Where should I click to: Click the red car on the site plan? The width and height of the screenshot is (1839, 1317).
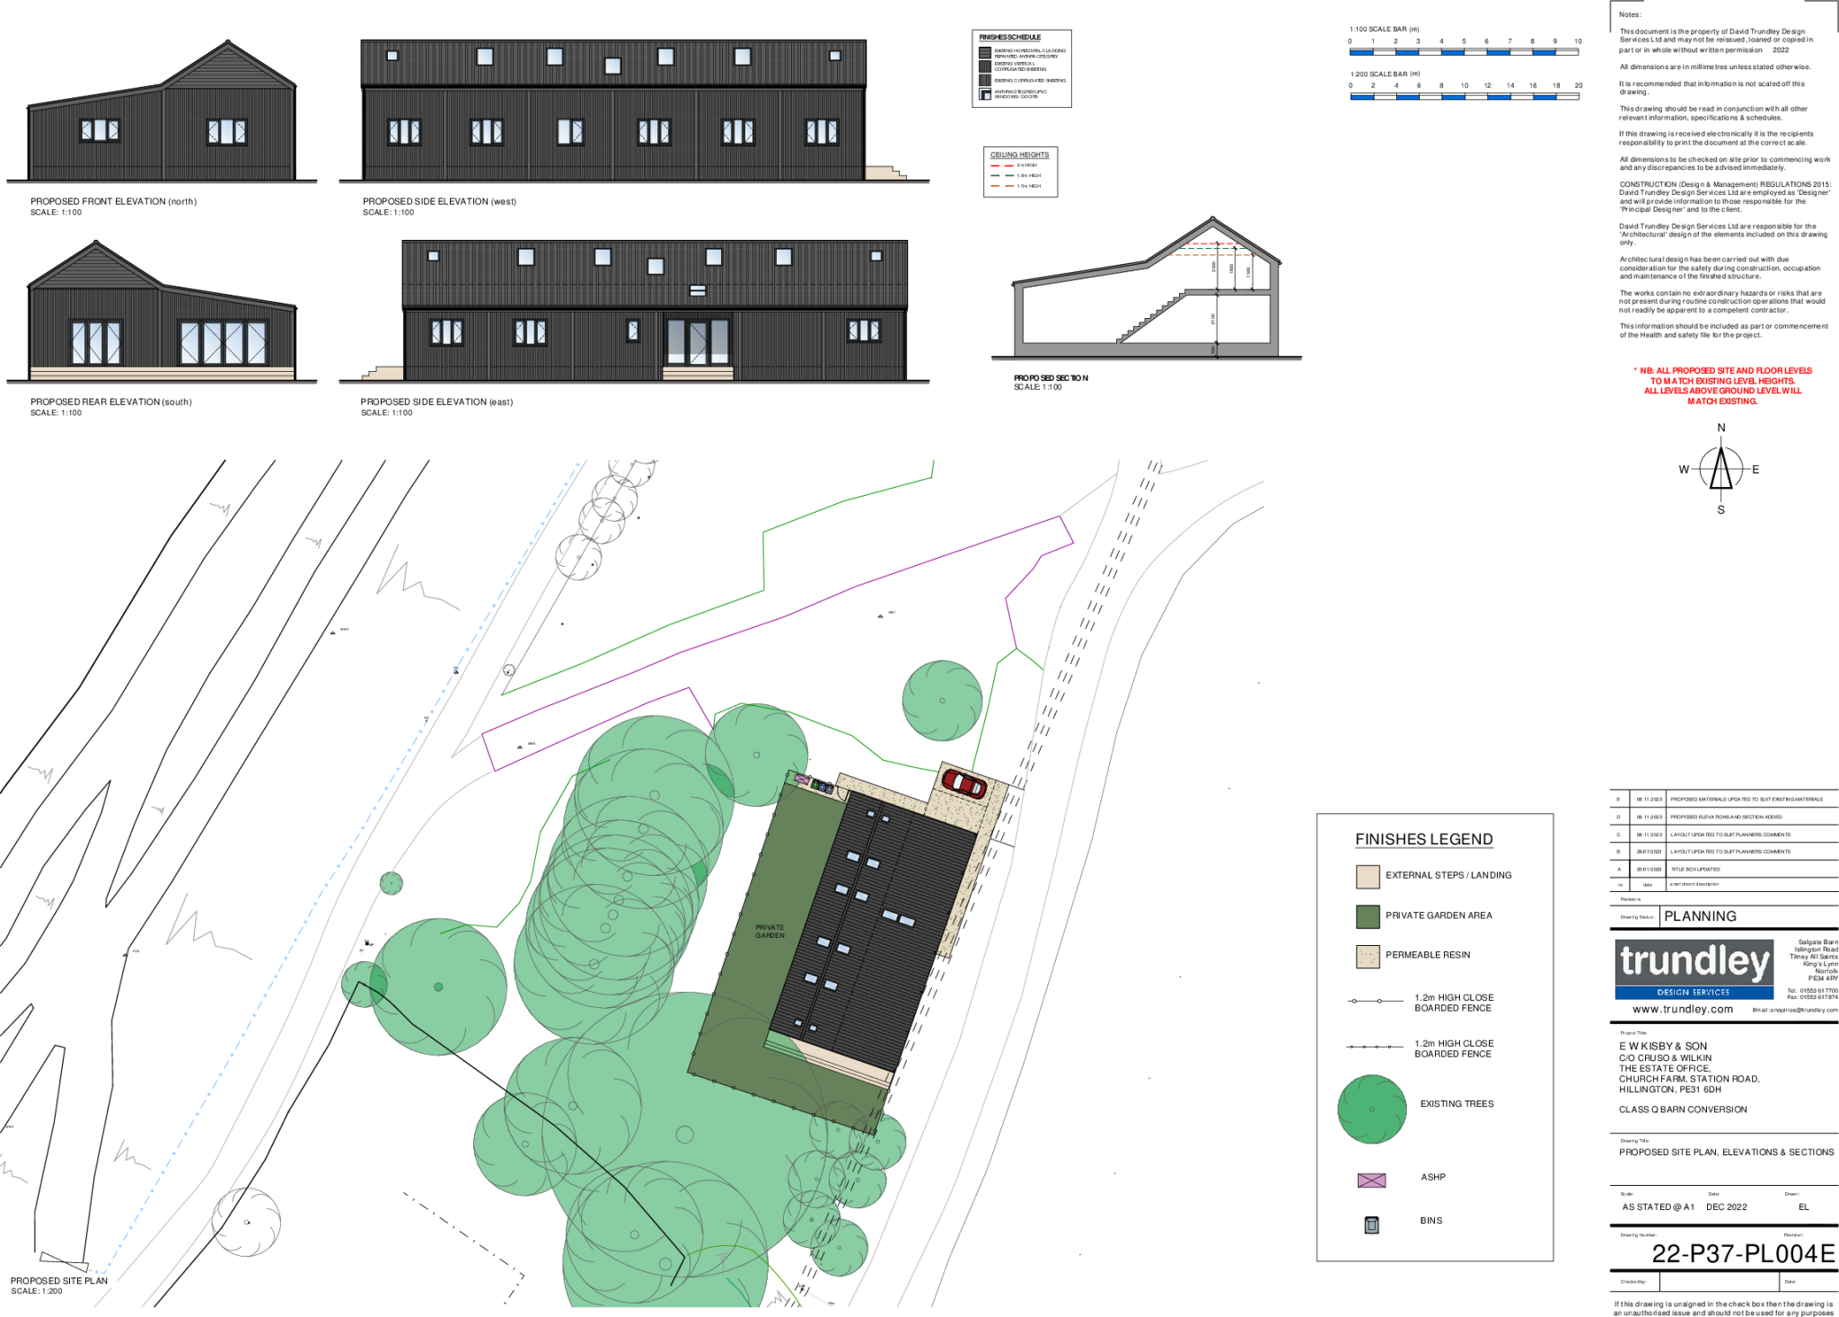pyautogui.click(x=964, y=783)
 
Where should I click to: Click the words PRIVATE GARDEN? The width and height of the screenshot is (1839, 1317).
pyautogui.click(x=770, y=932)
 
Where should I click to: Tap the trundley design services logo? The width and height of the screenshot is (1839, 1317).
pyautogui.click(x=1694, y=968)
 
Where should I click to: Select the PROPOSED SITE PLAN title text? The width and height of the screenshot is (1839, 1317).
pyautogui.click(x=59, y=1280)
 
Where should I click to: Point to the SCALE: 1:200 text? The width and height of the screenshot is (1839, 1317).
pyautogui.click(x=38, y=1291)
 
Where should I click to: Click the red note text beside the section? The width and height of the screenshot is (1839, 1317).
pyautogui.click(x=1722, y=385)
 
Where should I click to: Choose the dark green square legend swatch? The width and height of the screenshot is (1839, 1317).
pyautogui.click(x=1368, y=916)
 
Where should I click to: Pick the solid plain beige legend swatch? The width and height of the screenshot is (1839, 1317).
pyautogui.click(x=1368, y=877)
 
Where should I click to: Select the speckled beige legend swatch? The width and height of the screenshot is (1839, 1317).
pyautogui.click(x=1368, y=957)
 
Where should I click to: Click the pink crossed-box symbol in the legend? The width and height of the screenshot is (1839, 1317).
pyautogui.click(x=1371, y=1180)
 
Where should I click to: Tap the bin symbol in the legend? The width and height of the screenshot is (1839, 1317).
pyautogui.click(x=1371, y=1224)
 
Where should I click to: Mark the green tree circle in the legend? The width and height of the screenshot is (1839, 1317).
pyautogui.click(x=1371, y=1109)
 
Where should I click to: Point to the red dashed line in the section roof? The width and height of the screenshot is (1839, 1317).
pyautogui.click(x=1212, y=243)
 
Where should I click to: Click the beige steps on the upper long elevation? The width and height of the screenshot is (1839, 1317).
pyautogui.click(x=884, y=172)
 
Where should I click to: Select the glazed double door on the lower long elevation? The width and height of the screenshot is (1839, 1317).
pyautogui.click(x=698, y=341)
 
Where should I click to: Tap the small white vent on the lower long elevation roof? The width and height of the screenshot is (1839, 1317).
pyautogui.click(x=698, y=290)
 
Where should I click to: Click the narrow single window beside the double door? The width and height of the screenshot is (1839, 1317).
pyautogui.click(x=633, y=331)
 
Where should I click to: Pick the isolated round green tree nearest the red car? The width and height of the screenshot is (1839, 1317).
pyautogui.click(x=942, y=701)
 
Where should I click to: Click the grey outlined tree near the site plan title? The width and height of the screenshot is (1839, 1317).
pyautogui.click(x=246, y=1222)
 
